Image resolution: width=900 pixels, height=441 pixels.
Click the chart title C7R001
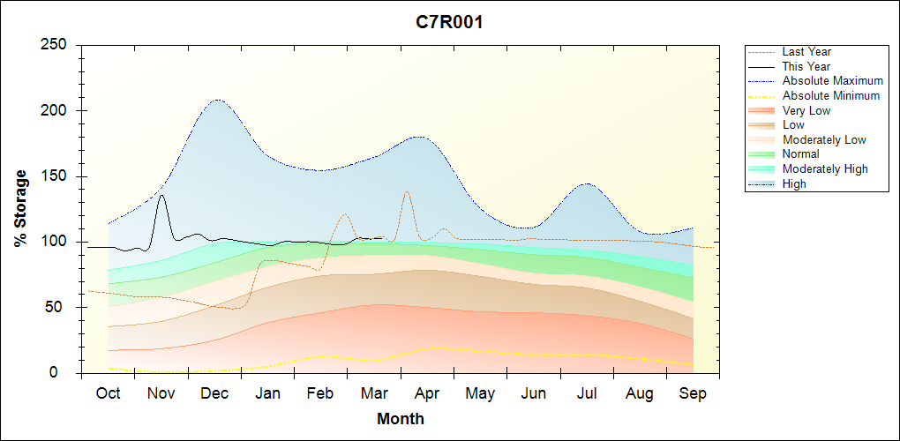pos(449,22)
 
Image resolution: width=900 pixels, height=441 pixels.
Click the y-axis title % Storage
pos(21,208)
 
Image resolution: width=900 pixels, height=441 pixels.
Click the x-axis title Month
pos(400,419)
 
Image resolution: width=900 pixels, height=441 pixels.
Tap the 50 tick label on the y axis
pos(63,308)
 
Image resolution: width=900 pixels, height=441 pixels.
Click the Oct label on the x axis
pos(108,393)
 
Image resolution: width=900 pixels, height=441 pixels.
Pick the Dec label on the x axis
pos(214,393)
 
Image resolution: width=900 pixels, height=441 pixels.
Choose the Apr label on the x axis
pos(427,393)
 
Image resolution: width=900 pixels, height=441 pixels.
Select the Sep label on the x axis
pos(693,393)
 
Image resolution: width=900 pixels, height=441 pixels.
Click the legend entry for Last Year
pos(806,52)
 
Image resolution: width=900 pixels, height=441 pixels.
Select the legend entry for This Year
pos(806,66)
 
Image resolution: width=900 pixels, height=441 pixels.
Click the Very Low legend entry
pos(806,110)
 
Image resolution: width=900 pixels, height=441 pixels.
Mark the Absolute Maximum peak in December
pos(217,100)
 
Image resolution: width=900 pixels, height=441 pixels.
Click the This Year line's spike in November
pos(161,196)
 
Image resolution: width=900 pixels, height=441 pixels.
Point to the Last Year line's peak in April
pos(406,191)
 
